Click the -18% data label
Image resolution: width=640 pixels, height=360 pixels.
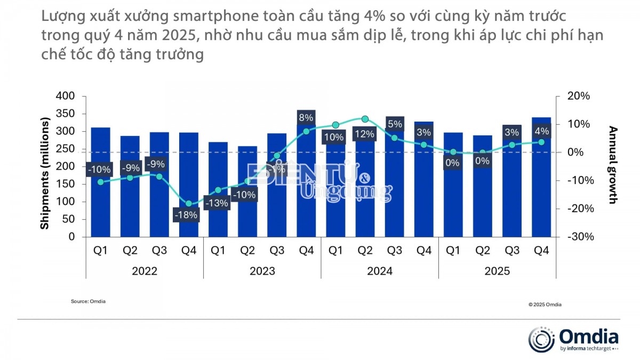click(x=188, y=215)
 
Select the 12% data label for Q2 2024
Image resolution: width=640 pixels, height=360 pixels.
click(x=364, y=134)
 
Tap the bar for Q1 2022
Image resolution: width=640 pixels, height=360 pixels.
click(x=100, y=203)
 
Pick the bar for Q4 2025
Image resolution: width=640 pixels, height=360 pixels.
click(x=541, y=203)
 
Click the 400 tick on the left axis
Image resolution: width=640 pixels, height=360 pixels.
click(x=66, y=97)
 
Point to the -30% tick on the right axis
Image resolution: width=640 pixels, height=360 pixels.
click(x=579, y=237)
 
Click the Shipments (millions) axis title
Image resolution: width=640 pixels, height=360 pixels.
click(x=45, y=166)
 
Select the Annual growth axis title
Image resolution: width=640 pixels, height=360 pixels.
click(x=613, y=165)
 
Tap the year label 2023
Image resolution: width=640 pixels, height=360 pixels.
click(x=262, y=271)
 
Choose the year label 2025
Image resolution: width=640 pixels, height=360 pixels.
click(x=497, y=271)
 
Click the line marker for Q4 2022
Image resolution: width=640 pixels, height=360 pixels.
click(x=188, y=204)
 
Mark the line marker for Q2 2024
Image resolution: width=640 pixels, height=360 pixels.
click(x=365, y=119)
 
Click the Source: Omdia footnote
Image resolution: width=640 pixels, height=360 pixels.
click(x=88, y=301)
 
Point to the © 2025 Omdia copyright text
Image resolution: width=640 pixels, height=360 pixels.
click(x=545, y=305)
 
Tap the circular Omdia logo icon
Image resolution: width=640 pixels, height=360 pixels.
click(x=541, y=340)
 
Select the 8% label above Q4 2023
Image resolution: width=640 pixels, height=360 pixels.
click(x=306, y=117)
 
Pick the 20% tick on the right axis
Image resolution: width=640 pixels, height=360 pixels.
click(x=579, y=97)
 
